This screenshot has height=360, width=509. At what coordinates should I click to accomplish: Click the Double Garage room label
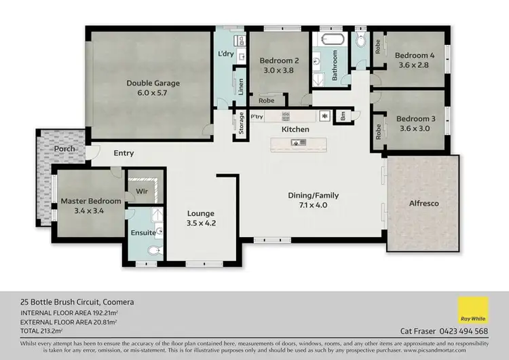(153, 84)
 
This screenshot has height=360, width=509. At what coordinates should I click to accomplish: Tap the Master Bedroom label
(91, 201)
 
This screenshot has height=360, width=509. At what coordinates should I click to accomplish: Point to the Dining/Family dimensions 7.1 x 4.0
(314, 204)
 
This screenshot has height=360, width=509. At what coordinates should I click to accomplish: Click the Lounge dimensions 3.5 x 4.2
(201, 222)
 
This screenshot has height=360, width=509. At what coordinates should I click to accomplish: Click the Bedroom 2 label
(279, 60)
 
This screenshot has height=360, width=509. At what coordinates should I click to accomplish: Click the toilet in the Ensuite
(153, 251)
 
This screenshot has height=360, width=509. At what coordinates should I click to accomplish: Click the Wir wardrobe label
(143, 192)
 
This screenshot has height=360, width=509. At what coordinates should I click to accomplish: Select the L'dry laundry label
(225, 54)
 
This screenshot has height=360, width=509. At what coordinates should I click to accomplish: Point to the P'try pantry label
(257, 116)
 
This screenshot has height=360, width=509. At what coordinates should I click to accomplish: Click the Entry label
(124, 153)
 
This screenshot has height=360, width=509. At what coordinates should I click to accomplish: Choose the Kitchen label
(296, 129)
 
